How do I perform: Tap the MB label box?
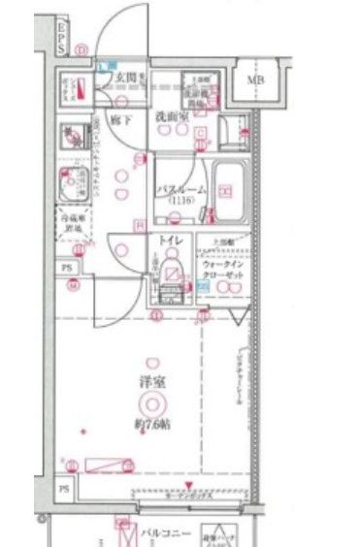[x=257, y=80]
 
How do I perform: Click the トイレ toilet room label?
[x=160, y=239]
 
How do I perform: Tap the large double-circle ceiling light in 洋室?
[x=150, y=403]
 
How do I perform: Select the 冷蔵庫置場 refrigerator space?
[x=72, y=224]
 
